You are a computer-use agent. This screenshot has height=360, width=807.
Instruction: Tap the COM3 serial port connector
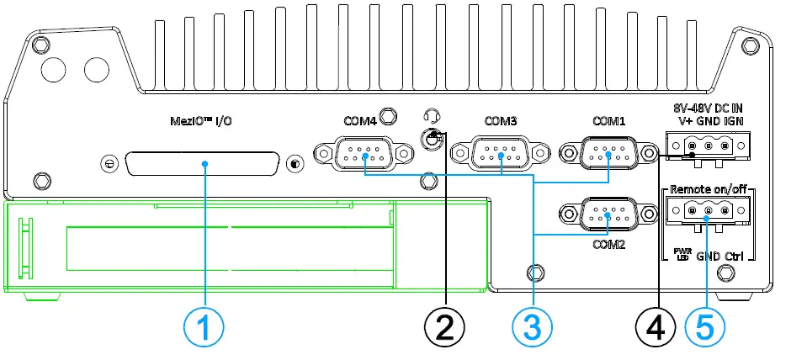[x=502, y=154]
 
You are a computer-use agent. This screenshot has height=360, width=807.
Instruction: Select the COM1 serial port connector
[x=608, y=154]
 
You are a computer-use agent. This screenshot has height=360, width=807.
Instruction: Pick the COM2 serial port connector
[x=608, y=214]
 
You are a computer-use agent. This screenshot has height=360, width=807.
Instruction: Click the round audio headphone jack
[x=433, y=140]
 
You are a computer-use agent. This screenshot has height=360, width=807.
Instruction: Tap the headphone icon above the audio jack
[x=434, y=116]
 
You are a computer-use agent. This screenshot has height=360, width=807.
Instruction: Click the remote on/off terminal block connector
[x=707, y=210]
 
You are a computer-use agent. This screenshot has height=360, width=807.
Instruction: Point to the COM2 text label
[x=608, y=245]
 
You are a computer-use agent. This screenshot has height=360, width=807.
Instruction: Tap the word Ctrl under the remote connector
[x=735, y=255]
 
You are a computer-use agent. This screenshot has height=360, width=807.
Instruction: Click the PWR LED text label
[x=682, y=254]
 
